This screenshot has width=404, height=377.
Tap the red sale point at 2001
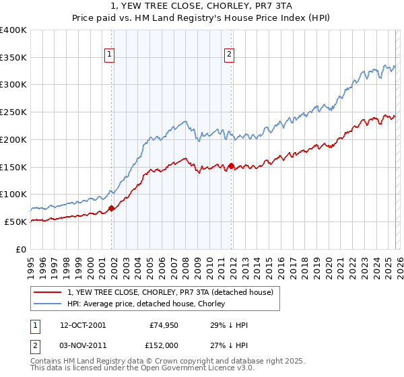pos(111,208)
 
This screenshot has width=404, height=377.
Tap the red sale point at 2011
pos(231,166)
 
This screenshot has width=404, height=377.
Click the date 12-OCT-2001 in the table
pos(82,325)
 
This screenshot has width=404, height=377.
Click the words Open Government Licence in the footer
pos(168,370)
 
